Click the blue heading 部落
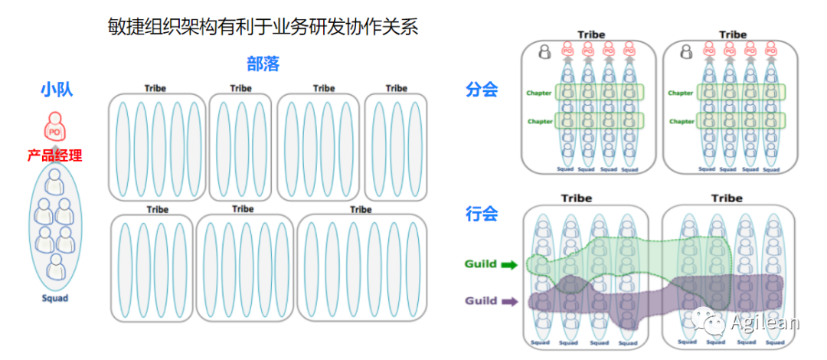click(x=263, y=64)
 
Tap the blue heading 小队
click(x=55, y=90)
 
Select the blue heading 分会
click(x=482, y=90)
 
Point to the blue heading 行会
click(x=482, y=214)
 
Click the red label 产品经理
click(x=54, y=155)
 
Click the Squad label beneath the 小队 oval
click(x=54, y=298)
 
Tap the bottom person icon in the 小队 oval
click(x=55, y=267)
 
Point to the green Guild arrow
click(x=509, y=265)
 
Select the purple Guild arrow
click(x=509, y=301)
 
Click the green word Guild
click(x=480, y=264)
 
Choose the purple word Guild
click(x=480, y=301)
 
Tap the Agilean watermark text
click(x=764, y=322)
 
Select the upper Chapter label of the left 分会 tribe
click(x=539, y=93)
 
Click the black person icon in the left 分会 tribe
click(x=544, y=52)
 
